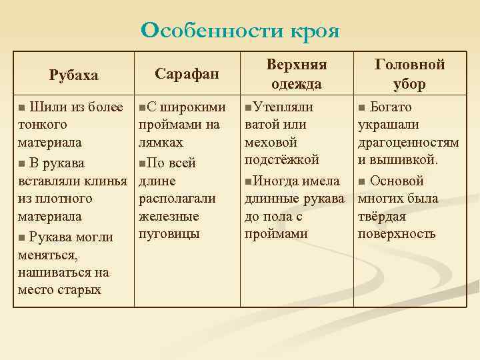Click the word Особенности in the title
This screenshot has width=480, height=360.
coord(212,31)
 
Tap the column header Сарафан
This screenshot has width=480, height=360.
coord(187,73)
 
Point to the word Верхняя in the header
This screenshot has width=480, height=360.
coord(297,65)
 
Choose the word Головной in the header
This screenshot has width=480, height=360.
coord(410,65)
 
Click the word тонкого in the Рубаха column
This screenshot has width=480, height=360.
coord(43,125)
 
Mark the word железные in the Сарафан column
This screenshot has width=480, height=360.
coord(169,216)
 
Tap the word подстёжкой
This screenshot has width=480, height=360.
coord(282,159)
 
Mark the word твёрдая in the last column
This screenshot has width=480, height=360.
coord(382,216)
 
